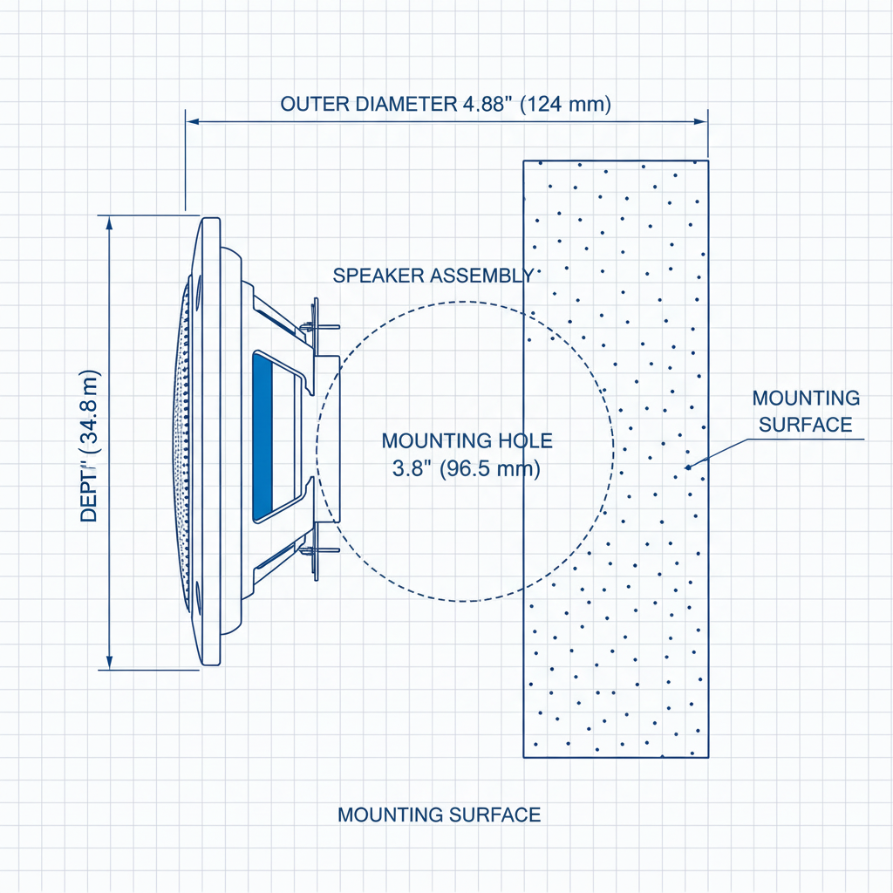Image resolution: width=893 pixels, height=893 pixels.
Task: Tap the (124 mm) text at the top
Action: point(565,104)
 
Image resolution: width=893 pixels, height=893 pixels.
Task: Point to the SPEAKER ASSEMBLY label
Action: point(433,276)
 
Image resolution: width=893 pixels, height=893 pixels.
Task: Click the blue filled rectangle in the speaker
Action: point(262,437)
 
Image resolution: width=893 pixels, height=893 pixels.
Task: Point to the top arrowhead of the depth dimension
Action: point(109,223)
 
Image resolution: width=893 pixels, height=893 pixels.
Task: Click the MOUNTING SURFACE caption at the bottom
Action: point(439,815)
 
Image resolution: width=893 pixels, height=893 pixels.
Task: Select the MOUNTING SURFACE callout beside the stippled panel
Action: point(806,412)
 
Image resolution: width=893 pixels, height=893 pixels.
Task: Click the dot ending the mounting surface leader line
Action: point(687,467)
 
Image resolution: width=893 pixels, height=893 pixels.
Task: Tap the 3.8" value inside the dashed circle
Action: point(409,468)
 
